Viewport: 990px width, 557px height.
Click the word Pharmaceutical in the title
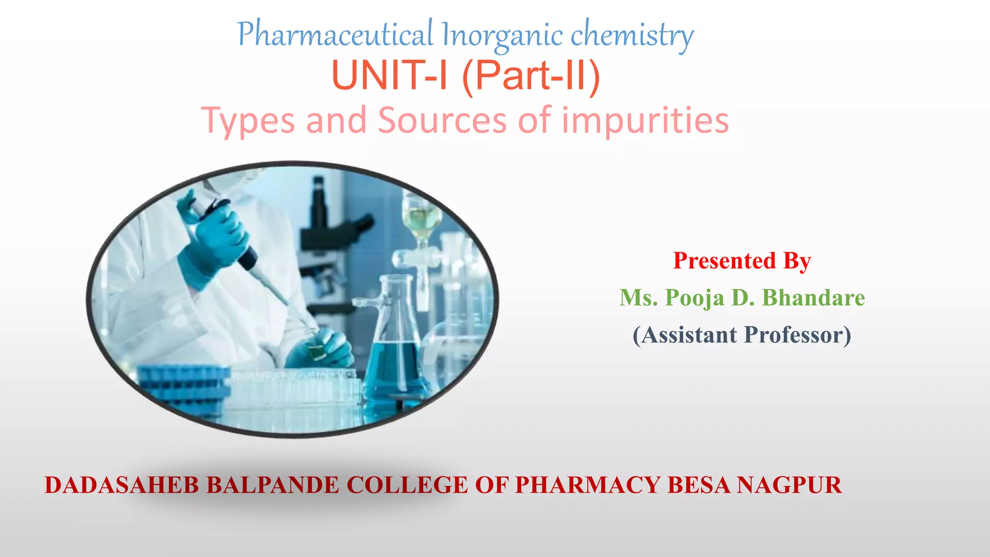[x=335, y=35]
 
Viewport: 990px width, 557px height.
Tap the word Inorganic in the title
[x=502, y=35]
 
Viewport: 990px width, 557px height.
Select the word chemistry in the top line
[x=632, y=35]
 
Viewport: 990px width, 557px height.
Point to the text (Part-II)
[x=531, y=76]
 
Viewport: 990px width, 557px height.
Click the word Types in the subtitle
[x=247, y=120]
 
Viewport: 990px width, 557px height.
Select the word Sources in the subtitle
[x=442, y=120]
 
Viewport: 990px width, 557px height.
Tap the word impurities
[x=645, y=120]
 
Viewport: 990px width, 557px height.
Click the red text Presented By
[x=742, y=261]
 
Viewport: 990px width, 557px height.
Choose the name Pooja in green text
[x=695, y=298]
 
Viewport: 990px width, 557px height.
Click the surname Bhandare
[x=814, y=298]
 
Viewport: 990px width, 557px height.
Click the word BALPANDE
[x=273, y=485]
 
